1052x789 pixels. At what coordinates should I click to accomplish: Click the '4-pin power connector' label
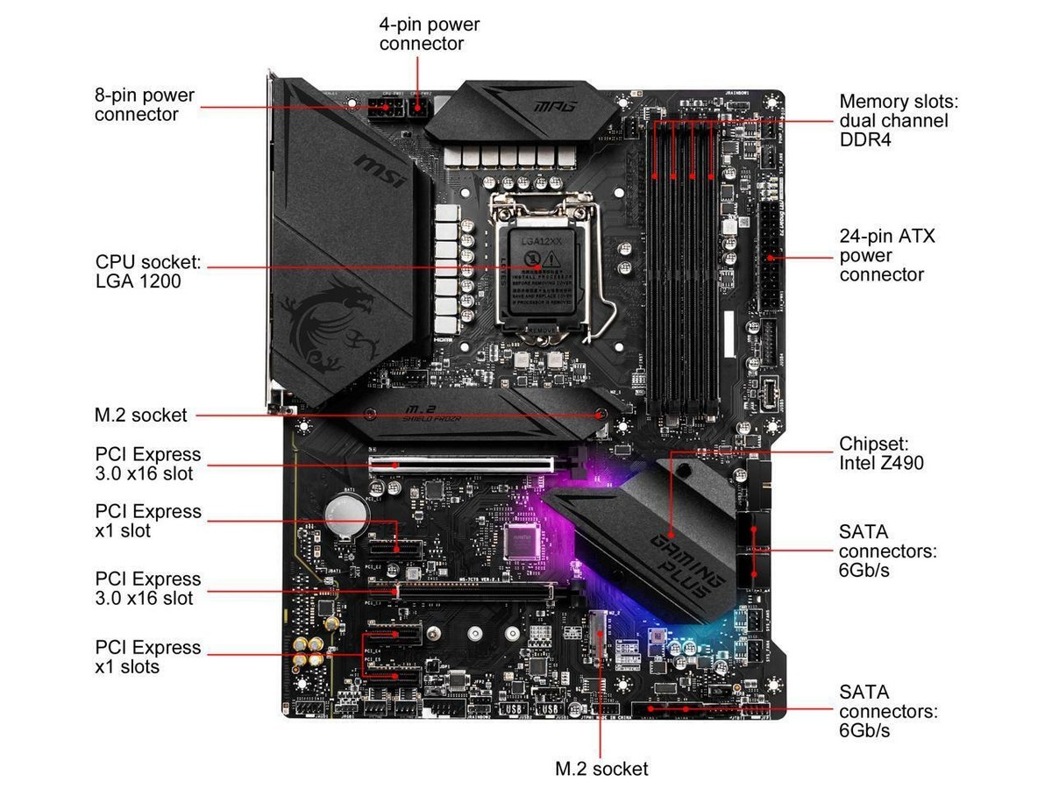point(429,33)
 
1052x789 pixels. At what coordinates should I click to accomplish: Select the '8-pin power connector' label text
point(145,104)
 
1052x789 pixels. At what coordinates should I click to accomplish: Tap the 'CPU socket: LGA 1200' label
point(148,272)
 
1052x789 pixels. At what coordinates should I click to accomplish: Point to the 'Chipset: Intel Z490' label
point(881,451)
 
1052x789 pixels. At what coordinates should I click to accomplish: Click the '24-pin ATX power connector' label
point(885,255)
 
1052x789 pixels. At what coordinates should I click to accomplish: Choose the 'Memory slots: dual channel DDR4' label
point(893,120)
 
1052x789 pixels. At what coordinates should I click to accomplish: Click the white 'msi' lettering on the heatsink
point(380,176)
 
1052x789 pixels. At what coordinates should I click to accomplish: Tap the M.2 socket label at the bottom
point(602,769)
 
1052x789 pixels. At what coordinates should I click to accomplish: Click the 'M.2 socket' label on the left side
point(141,416)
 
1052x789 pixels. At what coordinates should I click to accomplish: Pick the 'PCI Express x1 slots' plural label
point(148,657)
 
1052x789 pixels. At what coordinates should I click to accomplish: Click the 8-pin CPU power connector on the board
point(383,111)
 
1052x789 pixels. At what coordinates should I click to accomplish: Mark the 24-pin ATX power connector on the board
point(771,258)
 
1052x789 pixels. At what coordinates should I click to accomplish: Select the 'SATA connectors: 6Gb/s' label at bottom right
point(888,711)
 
